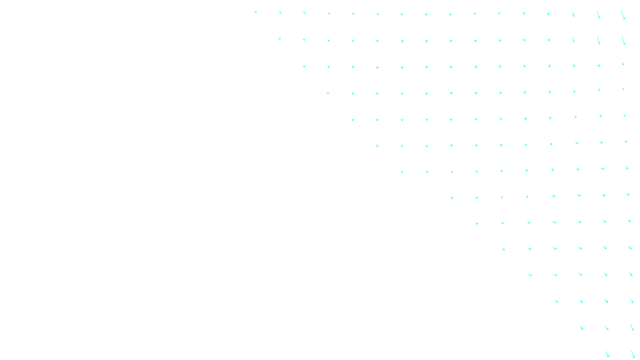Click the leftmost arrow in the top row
coord(256,12)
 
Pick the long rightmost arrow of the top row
coord(623,15)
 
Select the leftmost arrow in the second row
coord(280,38)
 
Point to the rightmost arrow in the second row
coord(623,40)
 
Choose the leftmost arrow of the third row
coord(304,66)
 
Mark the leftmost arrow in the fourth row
coord(328,93)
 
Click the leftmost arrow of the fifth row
coord(353,120)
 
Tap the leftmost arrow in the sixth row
coord(377,146)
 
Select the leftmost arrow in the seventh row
coord(402,172)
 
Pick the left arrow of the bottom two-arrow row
coord(607,354)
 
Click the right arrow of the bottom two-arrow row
coord(632,354)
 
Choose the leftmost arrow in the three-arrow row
coord(581,328)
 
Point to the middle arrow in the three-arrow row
coord(606,328)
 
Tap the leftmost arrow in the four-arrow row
coord(556,301)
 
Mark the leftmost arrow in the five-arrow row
coord(530,275)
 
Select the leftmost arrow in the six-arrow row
coord(503,249)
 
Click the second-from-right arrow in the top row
coord(598,14)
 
